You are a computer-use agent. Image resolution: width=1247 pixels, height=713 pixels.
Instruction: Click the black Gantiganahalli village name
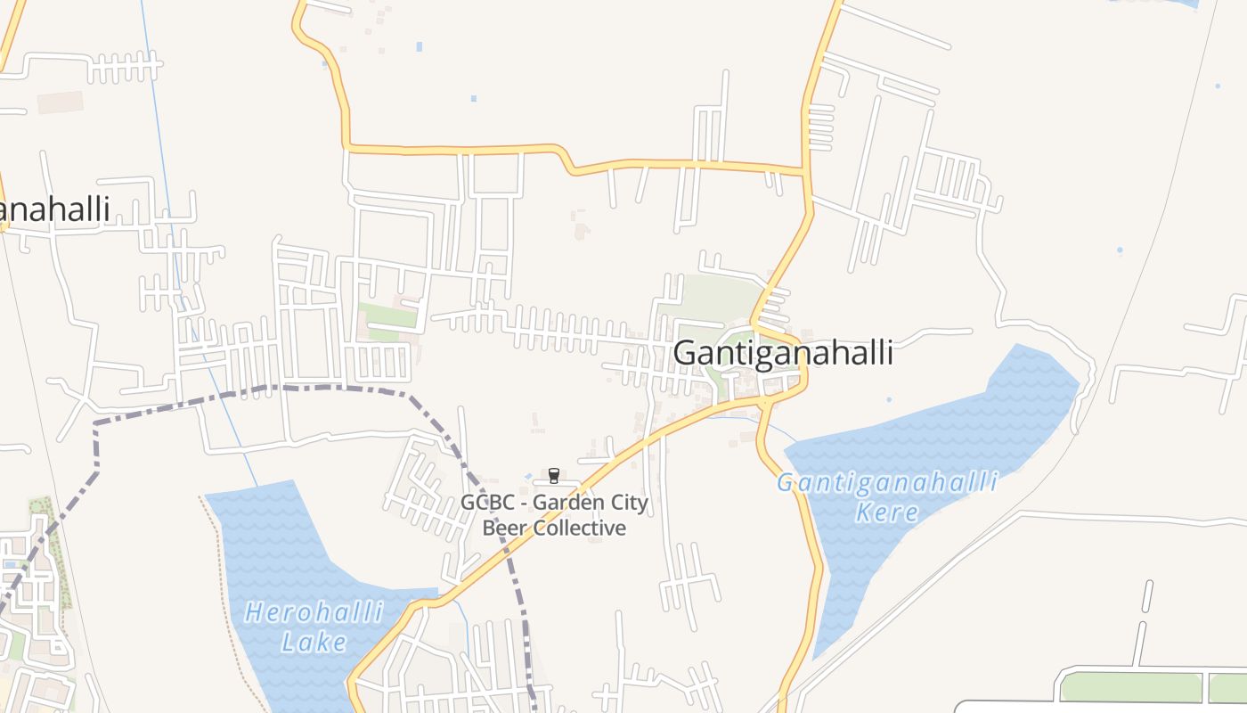pos(783,353)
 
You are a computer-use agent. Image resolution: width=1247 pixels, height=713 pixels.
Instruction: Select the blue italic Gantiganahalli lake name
pos(887,483)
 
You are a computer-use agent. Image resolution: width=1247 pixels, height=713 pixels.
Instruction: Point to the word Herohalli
pos(314,613)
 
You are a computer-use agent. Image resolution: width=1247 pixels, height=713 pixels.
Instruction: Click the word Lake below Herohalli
pos(314,642)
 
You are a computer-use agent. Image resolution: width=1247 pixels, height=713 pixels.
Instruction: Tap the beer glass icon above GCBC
pos(553,476)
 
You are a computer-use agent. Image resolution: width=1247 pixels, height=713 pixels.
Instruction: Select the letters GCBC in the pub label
pos(487,503)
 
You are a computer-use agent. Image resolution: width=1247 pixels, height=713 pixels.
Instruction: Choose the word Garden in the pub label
pos(570,503)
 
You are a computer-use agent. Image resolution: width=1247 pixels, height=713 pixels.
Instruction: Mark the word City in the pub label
pos(628,503)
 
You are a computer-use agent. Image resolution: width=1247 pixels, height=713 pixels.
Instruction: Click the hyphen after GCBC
pos(523,504)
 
